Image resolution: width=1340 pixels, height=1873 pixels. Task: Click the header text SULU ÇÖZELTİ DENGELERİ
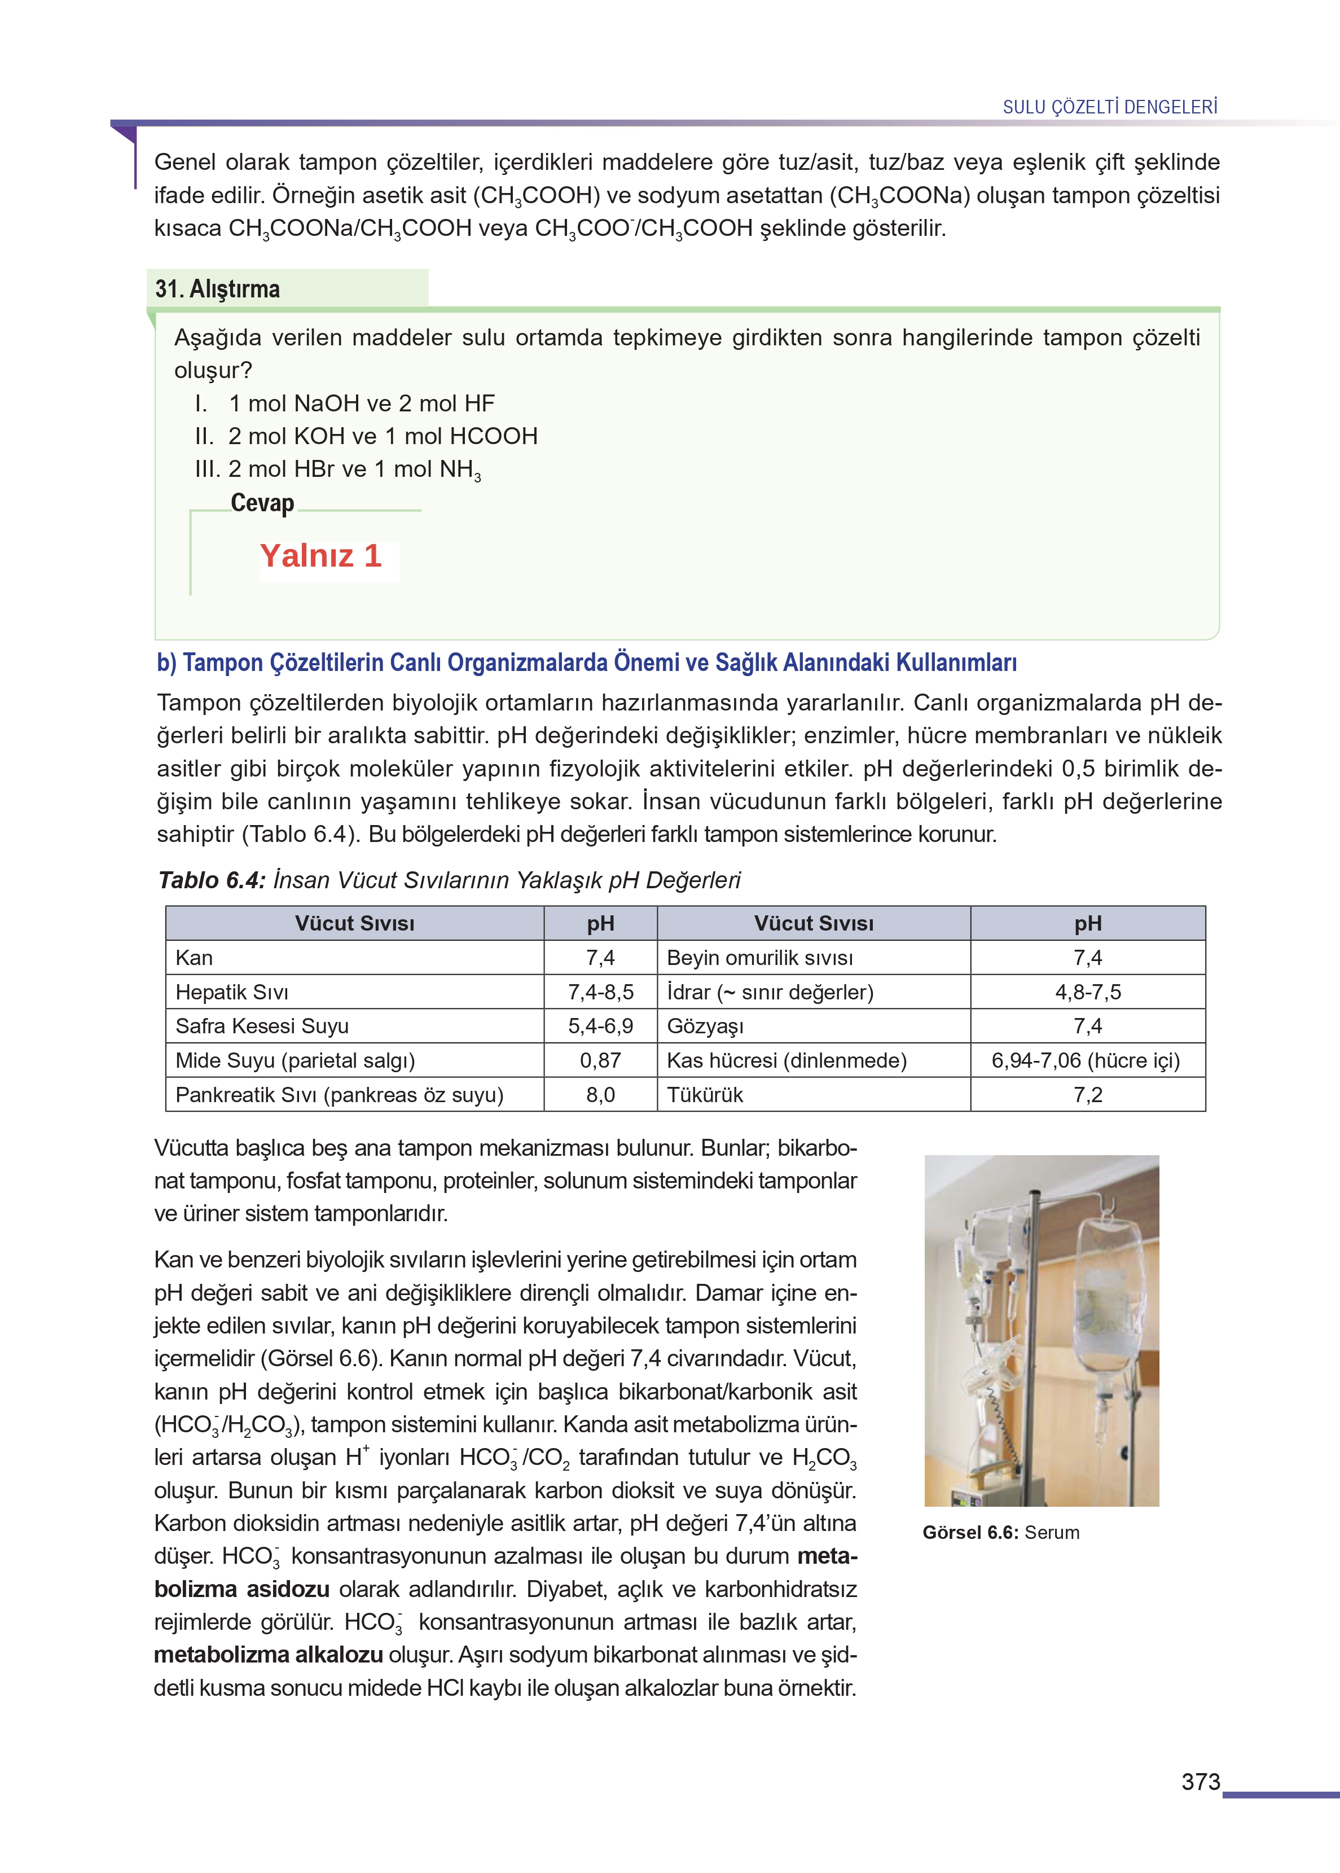click(x=1109, y=107)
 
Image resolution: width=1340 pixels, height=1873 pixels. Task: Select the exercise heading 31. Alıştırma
click(x=218, y=289)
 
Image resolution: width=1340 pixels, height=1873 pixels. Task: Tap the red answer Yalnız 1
click(x=321, y=556)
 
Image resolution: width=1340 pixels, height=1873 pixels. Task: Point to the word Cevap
click(x=262, y=502)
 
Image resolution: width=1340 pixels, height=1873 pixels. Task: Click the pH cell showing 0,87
click(x=600, y=1060)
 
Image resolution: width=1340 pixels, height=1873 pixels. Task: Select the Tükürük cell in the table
click(x=705, y=1095)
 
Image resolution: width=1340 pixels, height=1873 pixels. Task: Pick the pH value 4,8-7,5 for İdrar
click(x=1087, y=992)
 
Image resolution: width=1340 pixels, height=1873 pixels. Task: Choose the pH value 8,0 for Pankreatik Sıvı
click(x=600, y=1095)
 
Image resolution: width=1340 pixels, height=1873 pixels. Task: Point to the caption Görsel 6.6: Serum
click(x=1000, y=1532)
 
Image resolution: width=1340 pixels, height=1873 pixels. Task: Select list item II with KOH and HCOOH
click(x=366, y=436)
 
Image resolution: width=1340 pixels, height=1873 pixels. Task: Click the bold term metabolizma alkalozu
click(x=268, y=1655)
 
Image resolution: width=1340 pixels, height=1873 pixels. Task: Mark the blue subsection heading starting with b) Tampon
click(x=587, y=663)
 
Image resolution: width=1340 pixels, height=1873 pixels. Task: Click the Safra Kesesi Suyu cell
click(x=262, y=1027)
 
